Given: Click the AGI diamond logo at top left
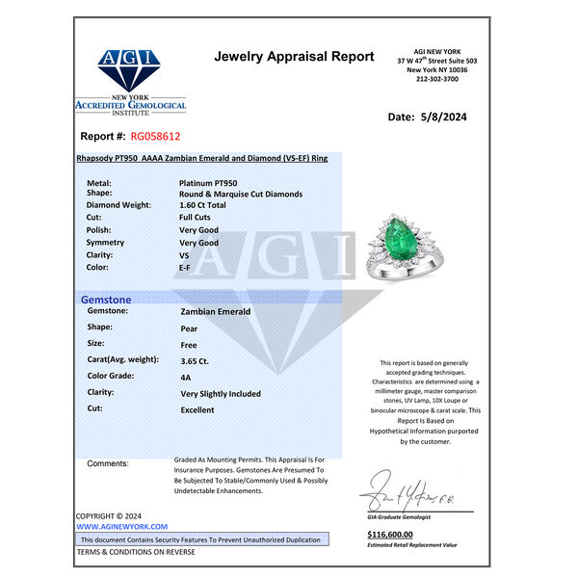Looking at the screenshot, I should (x=129, y=67).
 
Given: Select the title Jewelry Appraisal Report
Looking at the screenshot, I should (x=294, y=57).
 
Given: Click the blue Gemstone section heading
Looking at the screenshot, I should (x=106, y=300).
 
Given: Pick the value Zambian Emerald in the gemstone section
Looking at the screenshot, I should (x=215, y=312).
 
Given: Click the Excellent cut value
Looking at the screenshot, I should (x=197, y=409).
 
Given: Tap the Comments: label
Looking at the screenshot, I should (x=107, y=463).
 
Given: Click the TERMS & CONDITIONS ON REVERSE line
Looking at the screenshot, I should (x=135, y=552).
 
